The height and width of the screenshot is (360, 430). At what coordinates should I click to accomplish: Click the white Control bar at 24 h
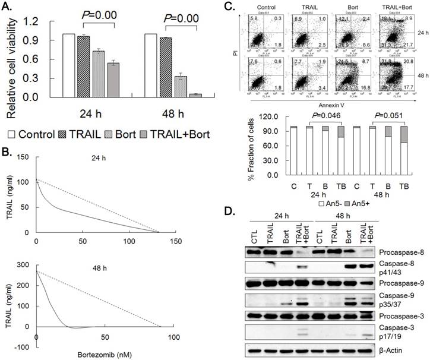[x=68, y=65]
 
